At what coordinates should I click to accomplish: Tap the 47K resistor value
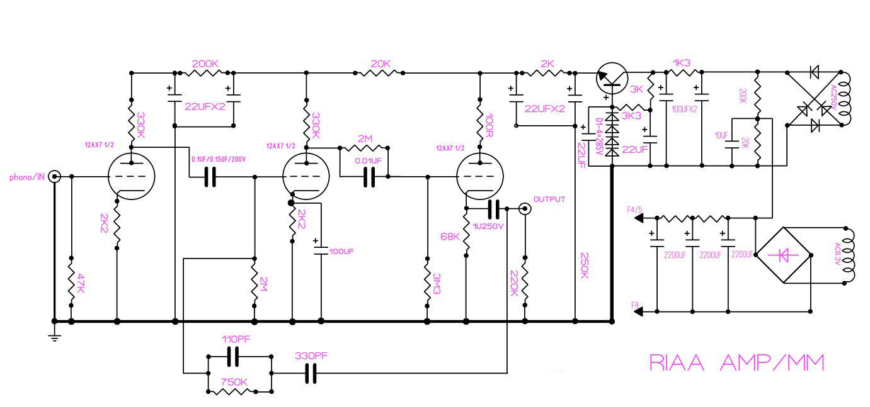click(80, 283)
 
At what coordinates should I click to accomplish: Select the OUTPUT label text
click(549, 199)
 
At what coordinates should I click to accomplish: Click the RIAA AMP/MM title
click(736, 363)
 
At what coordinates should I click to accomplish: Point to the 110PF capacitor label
click(236, 339)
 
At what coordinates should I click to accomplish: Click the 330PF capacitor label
click(311, 356)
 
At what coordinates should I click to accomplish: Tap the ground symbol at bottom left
click(55, 337)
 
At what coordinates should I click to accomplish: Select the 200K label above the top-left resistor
click(205, 64)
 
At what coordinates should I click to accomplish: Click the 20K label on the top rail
click(380, 64)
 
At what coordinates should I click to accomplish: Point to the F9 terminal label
click(634, 305)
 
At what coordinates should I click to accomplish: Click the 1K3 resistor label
click(682, 64)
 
